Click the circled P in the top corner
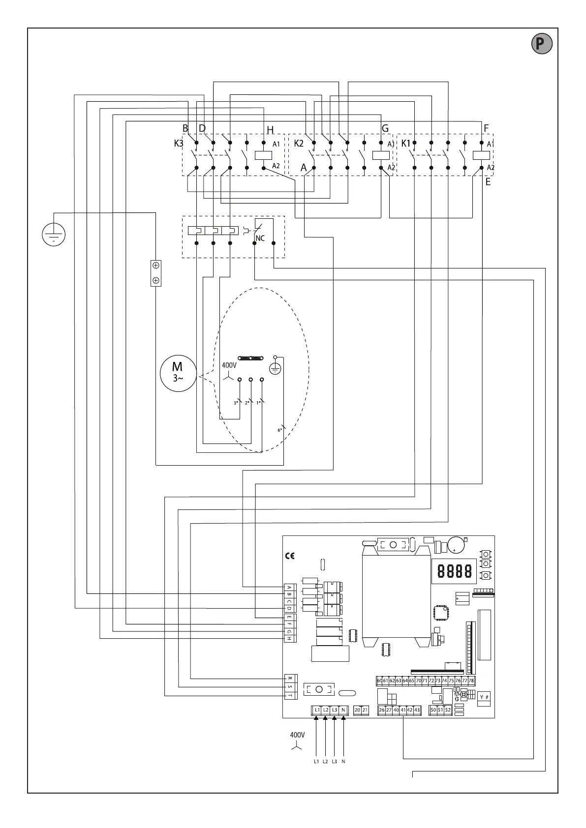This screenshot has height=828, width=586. point(542,44)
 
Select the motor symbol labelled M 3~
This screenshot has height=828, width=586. point(178,374)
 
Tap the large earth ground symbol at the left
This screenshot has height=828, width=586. point(54,234)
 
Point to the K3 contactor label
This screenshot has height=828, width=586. point(179,144)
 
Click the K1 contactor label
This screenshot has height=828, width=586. point(406,144)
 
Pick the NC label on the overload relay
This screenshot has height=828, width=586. point(260,238)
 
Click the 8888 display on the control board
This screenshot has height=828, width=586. point(454,571)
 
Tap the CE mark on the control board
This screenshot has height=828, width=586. point(290,556)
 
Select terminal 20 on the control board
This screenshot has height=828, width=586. point(357,710)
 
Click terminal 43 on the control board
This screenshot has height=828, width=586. point(417,710)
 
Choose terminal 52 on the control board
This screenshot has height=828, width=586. point(448,710)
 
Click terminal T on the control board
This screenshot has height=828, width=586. point(290,695)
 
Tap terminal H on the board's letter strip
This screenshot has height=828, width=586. point(290,638)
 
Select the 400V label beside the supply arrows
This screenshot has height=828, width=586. point(297,735)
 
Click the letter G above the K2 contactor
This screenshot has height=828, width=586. point(385,128)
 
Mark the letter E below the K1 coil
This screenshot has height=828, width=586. point(488,181)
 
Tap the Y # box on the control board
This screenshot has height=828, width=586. point(484,697)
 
